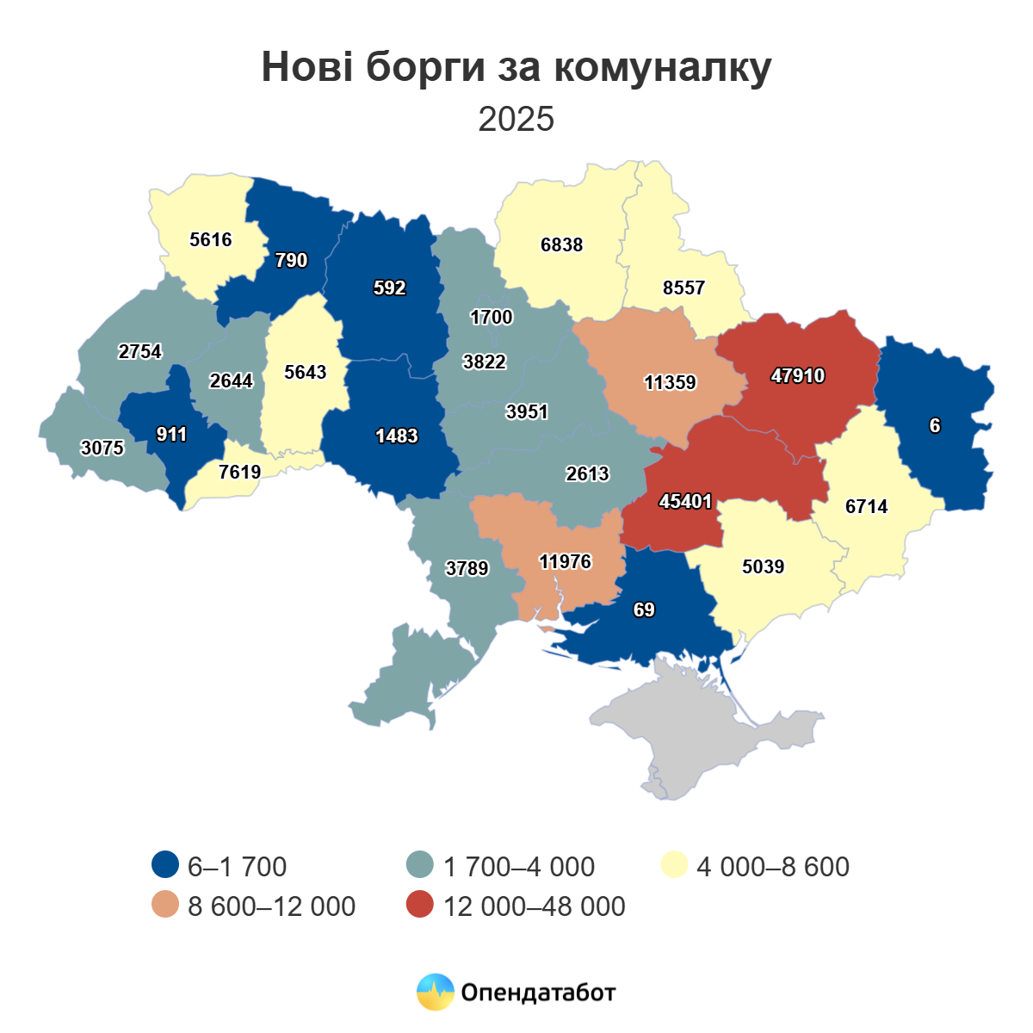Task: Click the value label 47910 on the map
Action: click(797, 375)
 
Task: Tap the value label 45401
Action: click(685, 501)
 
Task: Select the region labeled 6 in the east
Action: click(935, 425)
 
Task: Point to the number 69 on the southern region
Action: click(644, 609)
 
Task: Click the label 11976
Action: click(565, 561)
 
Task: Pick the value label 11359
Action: click(670, 382)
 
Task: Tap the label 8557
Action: click(684, 288)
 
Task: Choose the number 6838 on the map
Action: click(561, 244)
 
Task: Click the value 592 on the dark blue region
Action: click(389, 288)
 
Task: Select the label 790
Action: click(291, 260)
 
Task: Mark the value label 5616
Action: click(211, 239)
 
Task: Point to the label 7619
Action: click(239, 472)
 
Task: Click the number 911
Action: click(171, 434)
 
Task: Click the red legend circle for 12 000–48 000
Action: click(419, 906)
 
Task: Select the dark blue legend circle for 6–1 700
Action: click(164, 866)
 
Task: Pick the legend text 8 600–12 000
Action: click(271, 906)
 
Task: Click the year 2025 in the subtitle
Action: click(516, 119)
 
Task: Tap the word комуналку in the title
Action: click(662, 67)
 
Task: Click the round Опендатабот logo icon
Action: click(435, 993)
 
